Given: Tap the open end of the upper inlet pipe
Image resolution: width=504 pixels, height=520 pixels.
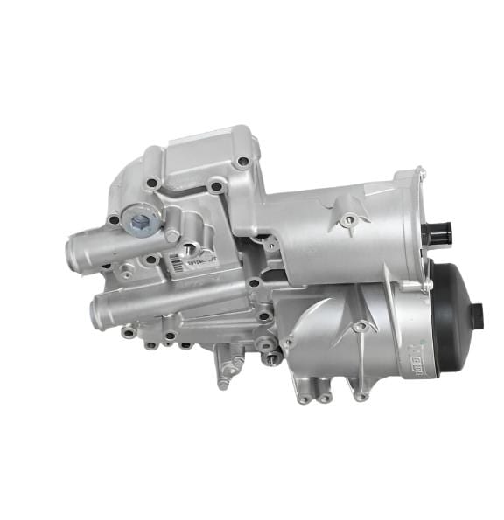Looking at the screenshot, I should pyautogui.click(x=73, y=255).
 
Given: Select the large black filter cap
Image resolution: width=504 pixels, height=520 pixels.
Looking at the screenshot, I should pyautogui.click(x=456, y=314).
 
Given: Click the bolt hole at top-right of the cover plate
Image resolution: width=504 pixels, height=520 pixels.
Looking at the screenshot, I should pyautogui.click(x=241, y=161).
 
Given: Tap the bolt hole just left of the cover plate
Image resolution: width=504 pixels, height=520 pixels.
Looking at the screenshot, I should pyautogui.click(x=152, y=184).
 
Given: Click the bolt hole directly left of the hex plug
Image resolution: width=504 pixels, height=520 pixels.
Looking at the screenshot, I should pyautogui.click(x=114, y=220).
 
